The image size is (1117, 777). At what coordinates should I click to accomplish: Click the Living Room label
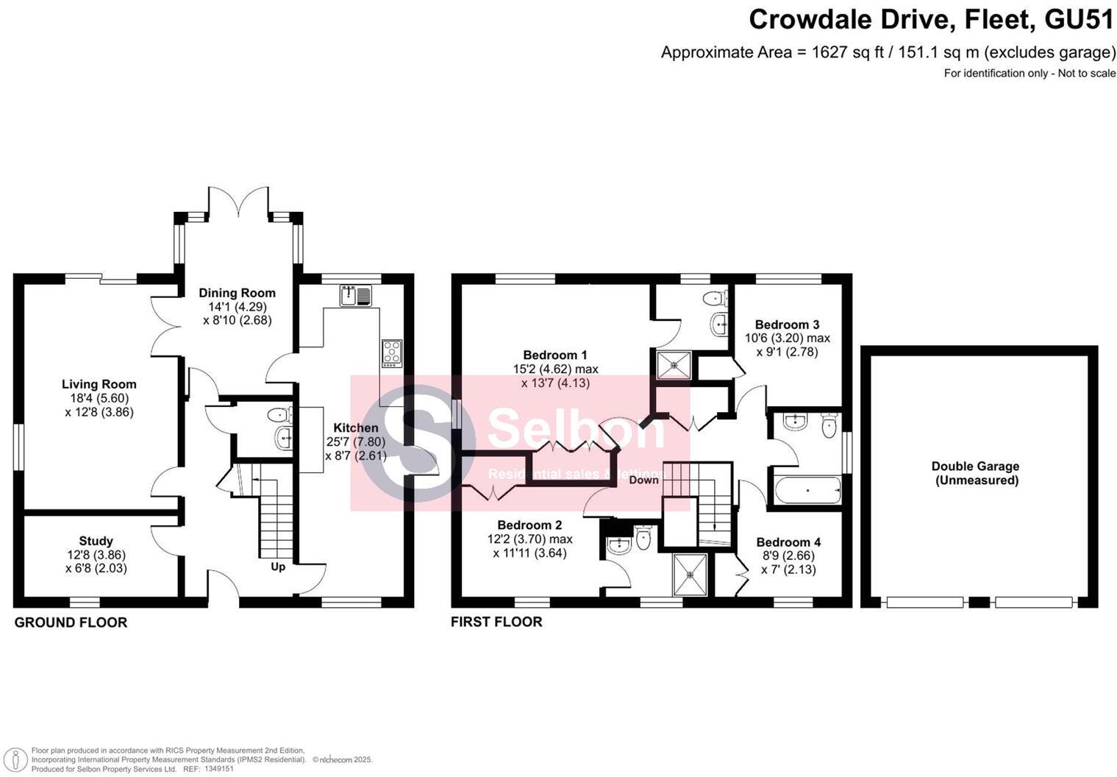tap(99, 384)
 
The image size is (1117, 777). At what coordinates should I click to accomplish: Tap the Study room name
tap(96, 541)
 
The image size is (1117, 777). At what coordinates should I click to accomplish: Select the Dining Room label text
tap(237, 293)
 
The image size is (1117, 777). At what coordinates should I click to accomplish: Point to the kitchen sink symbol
tap(356, 296)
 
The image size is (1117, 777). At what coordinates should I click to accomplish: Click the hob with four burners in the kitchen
tap(391, 353)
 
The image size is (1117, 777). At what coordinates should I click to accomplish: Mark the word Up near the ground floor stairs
tap(278, 567)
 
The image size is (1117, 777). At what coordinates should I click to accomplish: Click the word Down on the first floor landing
tap(643, 480)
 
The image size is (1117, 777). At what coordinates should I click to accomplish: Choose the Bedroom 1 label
tap(555, 355)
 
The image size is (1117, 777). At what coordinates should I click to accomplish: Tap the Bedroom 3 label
tap(787, 324)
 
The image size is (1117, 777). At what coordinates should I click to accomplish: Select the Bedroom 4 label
tap(788, 542)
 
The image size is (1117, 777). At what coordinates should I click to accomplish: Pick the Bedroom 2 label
tap(529, 525)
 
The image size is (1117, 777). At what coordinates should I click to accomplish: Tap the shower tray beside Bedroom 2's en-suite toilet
tap(691, 575)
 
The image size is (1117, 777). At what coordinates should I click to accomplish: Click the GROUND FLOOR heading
tap(71, 622)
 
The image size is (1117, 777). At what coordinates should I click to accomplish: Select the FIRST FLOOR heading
tap(496, 622)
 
